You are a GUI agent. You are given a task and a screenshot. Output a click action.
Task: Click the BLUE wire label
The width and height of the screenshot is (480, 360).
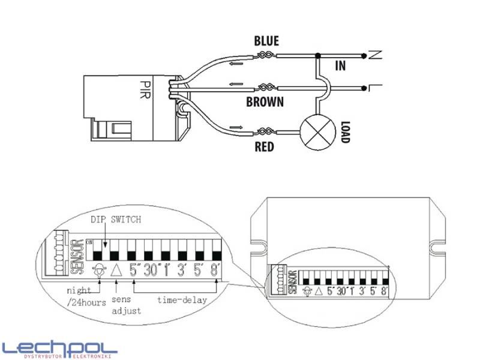click(266, 41)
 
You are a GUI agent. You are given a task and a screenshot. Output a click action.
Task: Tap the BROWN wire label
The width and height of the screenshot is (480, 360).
click(265, 102)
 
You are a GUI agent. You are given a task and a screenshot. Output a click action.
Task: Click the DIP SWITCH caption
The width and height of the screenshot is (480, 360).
click(115, 220)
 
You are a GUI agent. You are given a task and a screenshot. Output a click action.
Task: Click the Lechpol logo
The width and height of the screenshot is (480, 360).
click(60, 348)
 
